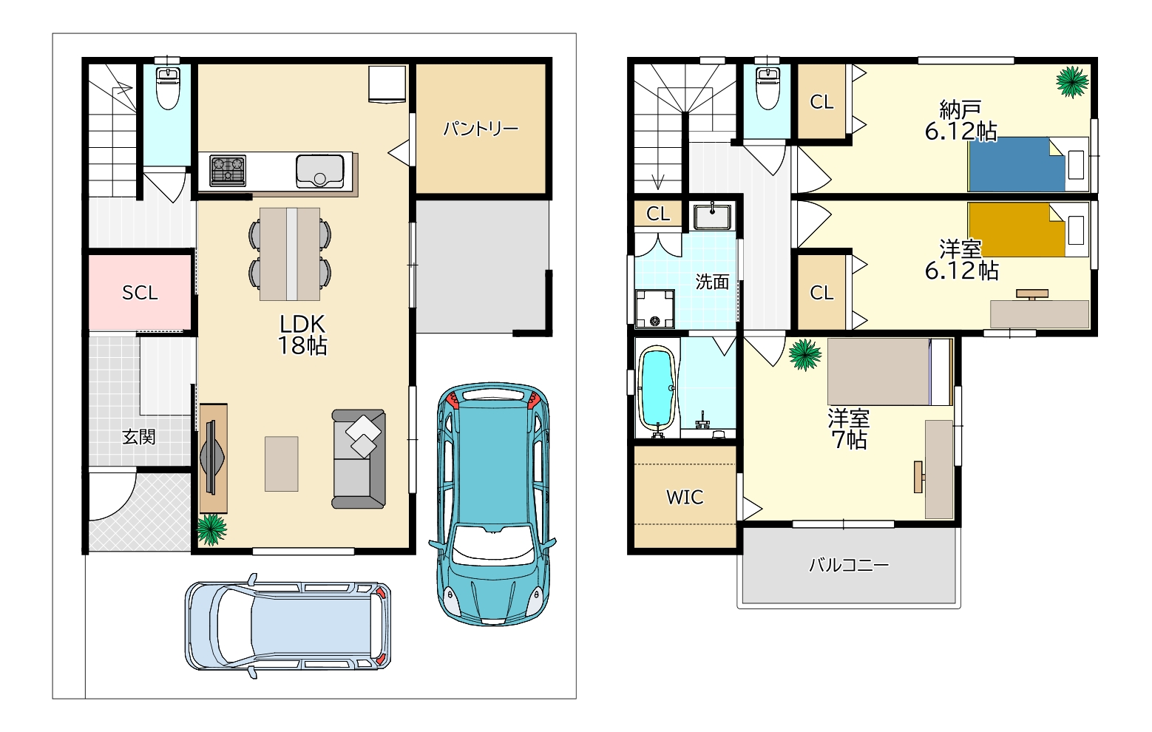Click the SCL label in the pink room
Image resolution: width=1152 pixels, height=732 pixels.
pyautogui.click(x=139, y=293)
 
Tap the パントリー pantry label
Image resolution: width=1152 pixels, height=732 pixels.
pyautogui.click(x=481, y=128)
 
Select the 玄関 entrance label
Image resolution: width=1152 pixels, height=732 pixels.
pyautogui.click(x=139, y=437)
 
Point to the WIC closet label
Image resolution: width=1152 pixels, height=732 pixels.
pyautogui.click(x=685, y=497)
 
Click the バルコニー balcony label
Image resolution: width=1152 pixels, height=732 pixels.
pyautogui.click(x=849, y=566)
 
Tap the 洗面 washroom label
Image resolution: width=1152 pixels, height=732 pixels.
pyautogui.click(x=712, y=282)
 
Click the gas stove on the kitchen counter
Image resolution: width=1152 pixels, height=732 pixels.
pyautogui.click(x=228, y=170)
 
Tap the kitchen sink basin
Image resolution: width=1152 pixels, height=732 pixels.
pyautogui.click(x=320, y=172)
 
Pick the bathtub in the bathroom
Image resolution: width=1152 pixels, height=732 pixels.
pyautogui.click(x=657, y=389)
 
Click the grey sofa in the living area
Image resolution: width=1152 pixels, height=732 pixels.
pyautogui.click(x=359, y=459)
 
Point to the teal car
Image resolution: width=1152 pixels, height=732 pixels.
pyautogui.click(x=492, y=504)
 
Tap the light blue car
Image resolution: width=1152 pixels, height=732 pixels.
pyautogui.click(x=288, y=626)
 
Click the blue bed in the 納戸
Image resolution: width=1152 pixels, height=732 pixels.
pyautogui.click(x=1016, y=164)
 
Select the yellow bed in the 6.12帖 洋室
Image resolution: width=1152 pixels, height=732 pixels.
pyautogui.click(x=1016, y=229)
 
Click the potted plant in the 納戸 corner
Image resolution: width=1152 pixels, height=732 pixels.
pyautogui.click(x=1072, y=81)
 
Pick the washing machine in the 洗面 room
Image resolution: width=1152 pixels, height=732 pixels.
pyautogui.click(x=654, y=308)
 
